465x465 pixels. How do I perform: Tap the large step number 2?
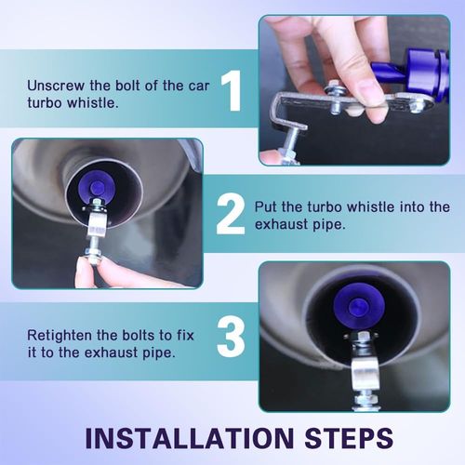point(231,215)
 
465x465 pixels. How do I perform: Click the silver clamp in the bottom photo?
point(365,372)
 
